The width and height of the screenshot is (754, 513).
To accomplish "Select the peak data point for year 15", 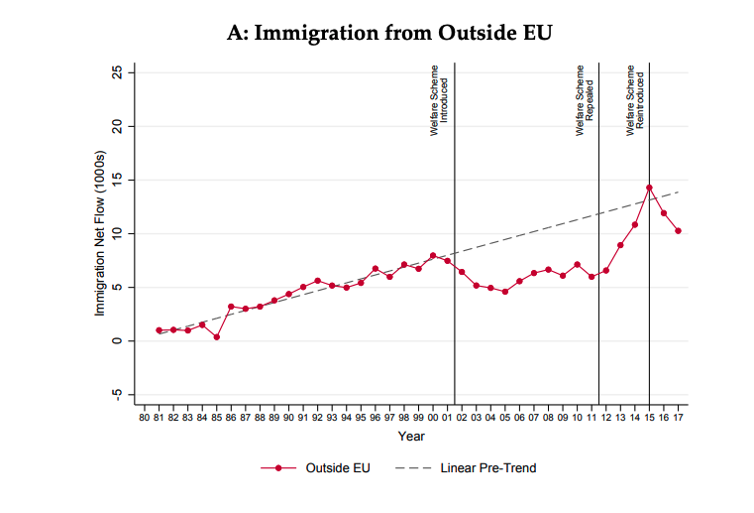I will pyautogui.click(x=649, y=188).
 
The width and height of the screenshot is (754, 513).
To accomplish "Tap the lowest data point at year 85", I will pyautogui.click(x=216, y=336).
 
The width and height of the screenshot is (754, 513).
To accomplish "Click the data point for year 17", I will pyautogui.click(x=678, y=231).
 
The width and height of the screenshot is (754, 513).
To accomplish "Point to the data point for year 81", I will pyautogui.click(x=159, y=330).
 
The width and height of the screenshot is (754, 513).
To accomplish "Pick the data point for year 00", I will pyautogui.click(x=433, y=256).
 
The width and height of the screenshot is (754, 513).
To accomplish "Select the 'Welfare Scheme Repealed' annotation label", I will pyautogui.click(x=585, y=99).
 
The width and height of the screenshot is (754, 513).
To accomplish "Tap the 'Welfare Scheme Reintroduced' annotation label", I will pyautogui.click(x=634, y=99).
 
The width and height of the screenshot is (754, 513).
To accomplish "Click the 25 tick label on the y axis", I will pyautogui.click(x=118, y=72).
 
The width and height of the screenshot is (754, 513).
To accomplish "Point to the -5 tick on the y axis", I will pyautogui.click(x=118, y=394).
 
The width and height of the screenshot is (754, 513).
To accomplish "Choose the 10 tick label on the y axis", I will pyautogui.click(x=118, y=233).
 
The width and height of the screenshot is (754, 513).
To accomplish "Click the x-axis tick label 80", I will pyautogui.click(x=145, y=419).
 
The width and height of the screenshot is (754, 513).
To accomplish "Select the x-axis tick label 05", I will pyautogui.click(x=504, y=419).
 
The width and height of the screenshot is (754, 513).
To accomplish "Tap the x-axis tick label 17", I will pyautogui.click(x=678, y=419).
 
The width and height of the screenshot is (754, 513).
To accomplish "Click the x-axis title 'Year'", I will pyautogui.click(x=411, y=437).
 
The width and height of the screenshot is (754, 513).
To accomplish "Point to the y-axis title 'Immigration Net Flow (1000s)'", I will pyautogui.click(x=100, y=233).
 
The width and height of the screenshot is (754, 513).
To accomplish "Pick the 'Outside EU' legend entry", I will pyautogui.click(x=316, y=467).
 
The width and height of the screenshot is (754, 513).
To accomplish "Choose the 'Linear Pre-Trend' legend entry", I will pyautogui.click(x=466, y=467).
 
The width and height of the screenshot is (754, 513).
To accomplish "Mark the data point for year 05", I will pyautogui.click(x=504, y=292).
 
